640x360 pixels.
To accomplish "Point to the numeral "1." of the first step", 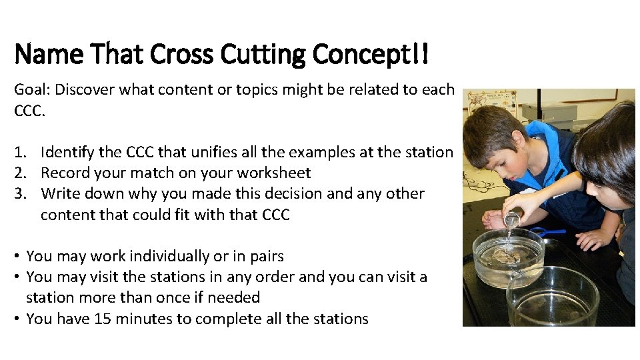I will [21, 152].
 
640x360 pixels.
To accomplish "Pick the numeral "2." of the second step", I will [21, 173].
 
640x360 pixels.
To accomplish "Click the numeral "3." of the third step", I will [21, 193].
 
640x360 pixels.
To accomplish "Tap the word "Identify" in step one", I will [67, 152].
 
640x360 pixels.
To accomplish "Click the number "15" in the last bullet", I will [103, 319].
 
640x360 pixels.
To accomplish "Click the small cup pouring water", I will [511, 219].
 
